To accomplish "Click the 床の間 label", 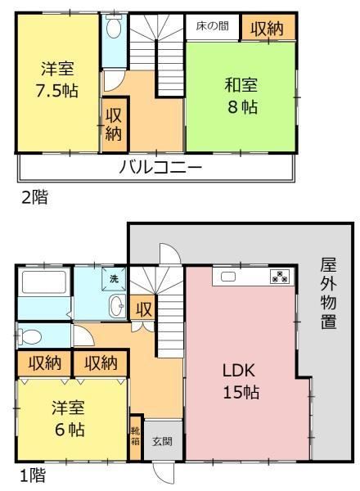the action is pyautogui.click(x=212, y=26).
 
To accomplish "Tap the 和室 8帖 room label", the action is pyautogui.click(x=241, y=96).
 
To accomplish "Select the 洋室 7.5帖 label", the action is pyautogui.click(x=57, y=79).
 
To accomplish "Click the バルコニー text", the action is pyautogui.click(x=160, y=167).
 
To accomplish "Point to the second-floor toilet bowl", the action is pyautogui.click(x=114, y=27).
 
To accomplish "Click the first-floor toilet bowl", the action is pyautogui.click(x=30, y=337).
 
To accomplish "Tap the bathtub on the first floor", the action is pyautogui.click(x=44, y=282).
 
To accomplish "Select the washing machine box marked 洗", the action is pyautogui.click(x=114, y=278).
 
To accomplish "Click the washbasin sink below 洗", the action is pyautogui.click(x=117, y=306).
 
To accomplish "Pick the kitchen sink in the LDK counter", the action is pyautogui.click(x=228, y=277).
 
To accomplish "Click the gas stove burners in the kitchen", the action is pyautogui.click(x=280, y=277).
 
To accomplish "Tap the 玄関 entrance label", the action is pyautogui.click(x=162, y=442).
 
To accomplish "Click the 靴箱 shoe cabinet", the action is pyautogui.click(x=135, y=438).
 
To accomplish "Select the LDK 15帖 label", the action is pyautogui.click(x=241, y=381).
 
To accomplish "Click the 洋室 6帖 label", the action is pyautogui.click(x=69, y=418).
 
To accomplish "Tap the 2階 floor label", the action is pyautogui.click(x=34, y=197).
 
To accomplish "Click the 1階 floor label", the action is pyautogui.click(x=33, y=475).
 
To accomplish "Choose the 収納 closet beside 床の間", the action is pyautogui.click(x=268, y=27).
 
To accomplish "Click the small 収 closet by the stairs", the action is pyautogui.click(x=143, y=309).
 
